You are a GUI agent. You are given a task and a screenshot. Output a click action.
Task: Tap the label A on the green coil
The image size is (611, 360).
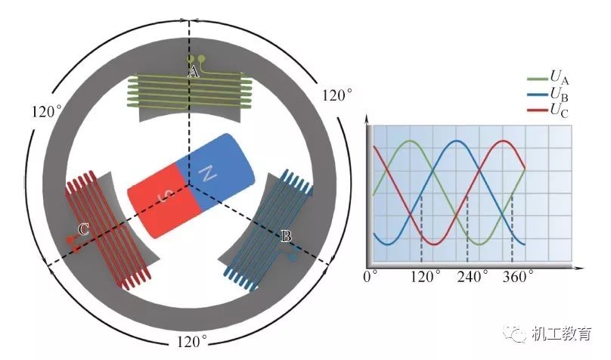[193, 72]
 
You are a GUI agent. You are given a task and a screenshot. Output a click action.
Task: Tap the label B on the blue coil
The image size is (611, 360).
[286, 237]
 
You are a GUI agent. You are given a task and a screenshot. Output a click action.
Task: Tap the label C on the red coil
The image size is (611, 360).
[85, 231]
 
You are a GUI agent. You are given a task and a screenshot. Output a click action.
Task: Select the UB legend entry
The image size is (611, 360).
[560, 95]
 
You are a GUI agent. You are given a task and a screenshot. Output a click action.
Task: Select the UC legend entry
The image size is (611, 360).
[560, 111]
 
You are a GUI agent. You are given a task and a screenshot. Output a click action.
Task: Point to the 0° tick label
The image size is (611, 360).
[371, 276]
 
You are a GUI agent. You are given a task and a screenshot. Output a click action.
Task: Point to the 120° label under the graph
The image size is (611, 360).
[426, 276]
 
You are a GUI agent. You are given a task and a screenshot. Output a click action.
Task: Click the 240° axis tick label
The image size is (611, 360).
[473, 276]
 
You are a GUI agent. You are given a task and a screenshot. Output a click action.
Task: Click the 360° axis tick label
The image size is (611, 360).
[518, 276]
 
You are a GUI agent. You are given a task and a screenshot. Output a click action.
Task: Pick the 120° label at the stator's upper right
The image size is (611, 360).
[337, 95]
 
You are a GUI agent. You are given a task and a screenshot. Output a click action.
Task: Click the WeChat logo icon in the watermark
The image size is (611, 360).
[515, 332]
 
